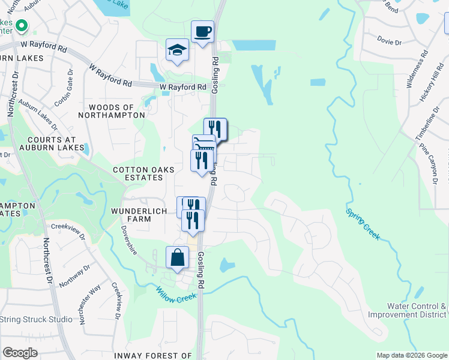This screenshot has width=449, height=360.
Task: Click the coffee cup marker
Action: click(x=202, y=32)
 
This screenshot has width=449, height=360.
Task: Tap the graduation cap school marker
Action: click(x=178, y=50)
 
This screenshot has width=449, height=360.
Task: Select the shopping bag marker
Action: click(x=178, y=259)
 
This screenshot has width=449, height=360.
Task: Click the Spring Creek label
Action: click(x=363, y=224)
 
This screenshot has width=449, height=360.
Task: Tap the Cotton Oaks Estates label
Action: click(x=143, y=174)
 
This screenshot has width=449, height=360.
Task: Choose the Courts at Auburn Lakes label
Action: click(x=49, y=143)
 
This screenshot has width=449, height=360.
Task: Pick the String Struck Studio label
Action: click(x=36, y=319)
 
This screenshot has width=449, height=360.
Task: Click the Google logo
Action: click(x=20, y=353)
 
